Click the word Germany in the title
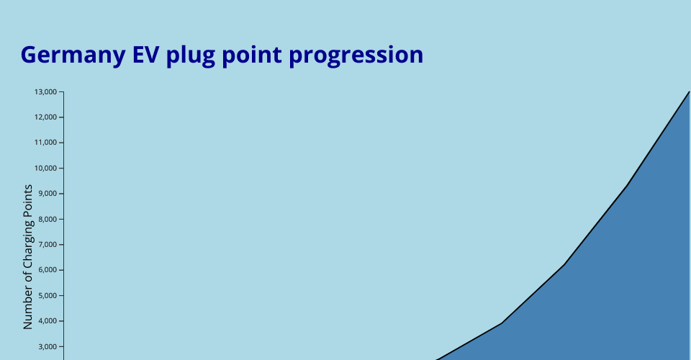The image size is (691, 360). coord(73,55)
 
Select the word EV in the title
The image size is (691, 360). coord(146,55)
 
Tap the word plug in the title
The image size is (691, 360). coord(190,55)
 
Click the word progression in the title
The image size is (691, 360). coord(356,55)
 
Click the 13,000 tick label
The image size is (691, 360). coord(46,91)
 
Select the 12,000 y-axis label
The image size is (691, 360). coord(46,117)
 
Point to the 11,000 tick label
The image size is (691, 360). coord(46,143)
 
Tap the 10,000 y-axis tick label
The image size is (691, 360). coord(46,168)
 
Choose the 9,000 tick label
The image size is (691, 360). coord(48,194)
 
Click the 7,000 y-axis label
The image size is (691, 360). coord(48,245)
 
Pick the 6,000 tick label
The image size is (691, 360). coord(48,270)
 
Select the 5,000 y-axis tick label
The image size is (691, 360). coord(48,295)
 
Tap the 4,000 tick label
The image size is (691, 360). coord(48,321)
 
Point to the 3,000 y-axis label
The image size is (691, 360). coord(48,346)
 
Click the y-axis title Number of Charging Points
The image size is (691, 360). coord(28,257)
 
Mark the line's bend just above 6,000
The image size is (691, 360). coord(564,264)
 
